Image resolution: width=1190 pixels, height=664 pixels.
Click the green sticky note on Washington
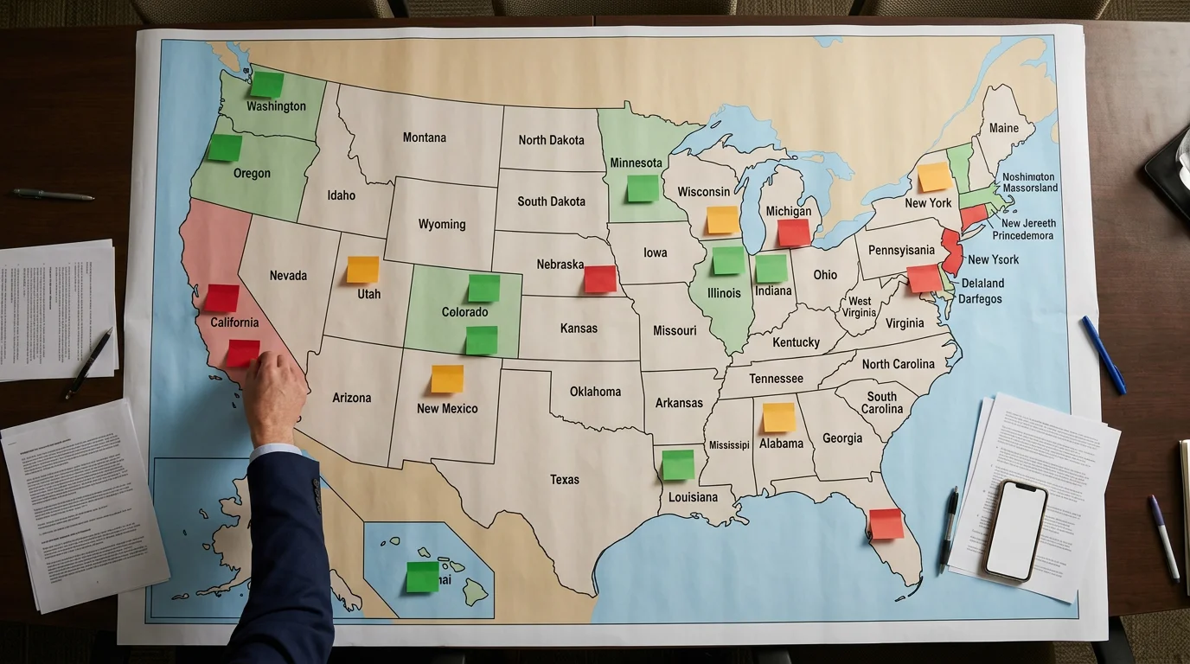tap(266, 84)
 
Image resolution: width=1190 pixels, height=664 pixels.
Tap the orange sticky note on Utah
tap(362, 269)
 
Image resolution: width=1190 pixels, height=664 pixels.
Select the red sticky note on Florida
tap(886, 524)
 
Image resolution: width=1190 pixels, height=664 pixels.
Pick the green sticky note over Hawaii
tap(423, 577)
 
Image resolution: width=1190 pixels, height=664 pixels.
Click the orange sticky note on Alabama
tap(778, 417)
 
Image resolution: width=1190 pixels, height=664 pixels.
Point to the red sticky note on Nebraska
tap(600, 278)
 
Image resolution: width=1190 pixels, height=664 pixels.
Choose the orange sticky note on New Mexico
tap(447, 379)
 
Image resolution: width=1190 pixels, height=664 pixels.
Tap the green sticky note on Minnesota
tap(643, 188)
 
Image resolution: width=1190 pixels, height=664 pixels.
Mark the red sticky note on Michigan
tap(793, 232)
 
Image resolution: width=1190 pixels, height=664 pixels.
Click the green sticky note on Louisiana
tap(678, 464)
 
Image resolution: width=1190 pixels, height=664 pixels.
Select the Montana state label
tap(425, 137)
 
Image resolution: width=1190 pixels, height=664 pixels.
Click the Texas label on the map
tap(565, 479)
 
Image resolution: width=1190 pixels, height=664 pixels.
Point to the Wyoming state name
tap(442, 224)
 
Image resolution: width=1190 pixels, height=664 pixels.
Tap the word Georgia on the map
tap(842, 438)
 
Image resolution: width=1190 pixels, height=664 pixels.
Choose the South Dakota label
tap(551, 201)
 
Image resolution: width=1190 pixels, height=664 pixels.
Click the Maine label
tap(1003, 128)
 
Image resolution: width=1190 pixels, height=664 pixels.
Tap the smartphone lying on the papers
tap(1015, 529)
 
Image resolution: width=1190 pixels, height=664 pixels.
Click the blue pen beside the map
tap(1103, 354)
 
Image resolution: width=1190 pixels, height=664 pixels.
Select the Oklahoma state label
tap(595, 392)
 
